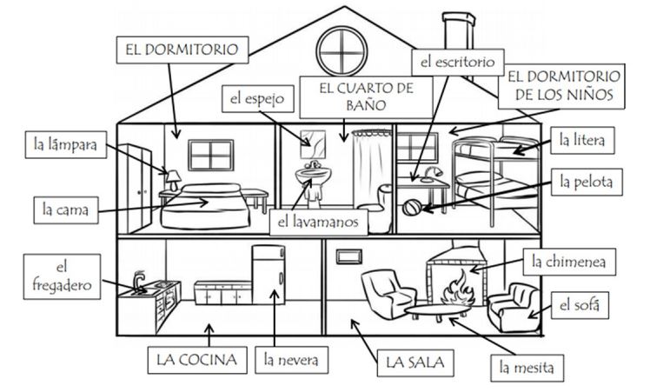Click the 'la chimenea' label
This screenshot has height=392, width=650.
pyautogui.click(x=563, y=261)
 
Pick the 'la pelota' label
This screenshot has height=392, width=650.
pyautogui.click(x=587, y=183)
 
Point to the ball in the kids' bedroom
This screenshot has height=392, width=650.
pyautogui.click(x=412, y=209)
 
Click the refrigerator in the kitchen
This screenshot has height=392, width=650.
pyautogui.click(x=269, y=276)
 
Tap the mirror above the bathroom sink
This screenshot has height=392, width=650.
pyautogui.click(x=310, y=138)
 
